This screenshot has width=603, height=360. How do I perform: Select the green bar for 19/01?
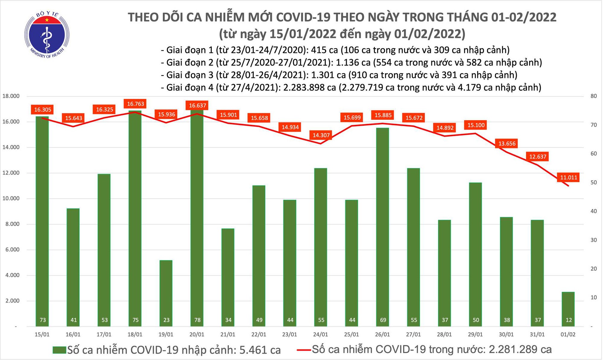coord(166,292)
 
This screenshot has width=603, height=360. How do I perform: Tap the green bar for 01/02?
coord(568,309)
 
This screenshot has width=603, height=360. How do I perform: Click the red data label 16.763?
coord(135,104)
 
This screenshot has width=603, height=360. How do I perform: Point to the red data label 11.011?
coord(568,177)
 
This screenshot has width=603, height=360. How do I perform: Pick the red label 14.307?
coord(321,135)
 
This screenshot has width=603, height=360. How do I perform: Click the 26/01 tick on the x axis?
coord(382,335)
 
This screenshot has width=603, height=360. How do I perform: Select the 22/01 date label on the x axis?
coord(259,335)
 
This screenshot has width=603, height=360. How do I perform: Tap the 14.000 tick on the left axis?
coord(11,147)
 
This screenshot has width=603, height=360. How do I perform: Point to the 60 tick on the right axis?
coord(593,154)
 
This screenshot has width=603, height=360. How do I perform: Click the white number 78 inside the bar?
coord(197,320)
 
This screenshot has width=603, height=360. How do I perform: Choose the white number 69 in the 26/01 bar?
coord(383,320)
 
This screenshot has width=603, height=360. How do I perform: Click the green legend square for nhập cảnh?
coord(59,350)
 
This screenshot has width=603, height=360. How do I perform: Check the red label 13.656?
coord(507,144)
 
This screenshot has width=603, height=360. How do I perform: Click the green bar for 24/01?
coord(321,247)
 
